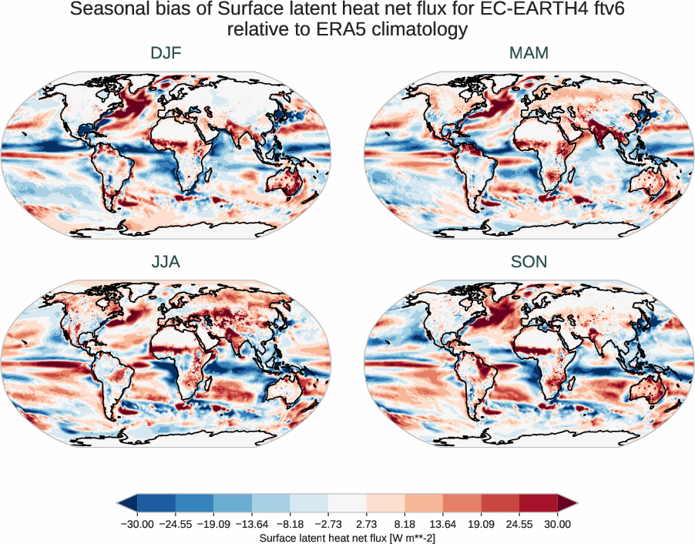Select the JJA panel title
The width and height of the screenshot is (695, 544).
[x=166, y=262]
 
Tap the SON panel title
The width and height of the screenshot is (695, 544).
[x=529, y=262]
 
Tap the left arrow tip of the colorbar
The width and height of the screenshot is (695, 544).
[x=122, y=504]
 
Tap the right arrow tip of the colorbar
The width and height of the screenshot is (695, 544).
[x=574, y=504]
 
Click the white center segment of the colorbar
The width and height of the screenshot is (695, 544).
[x=347, y=504]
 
